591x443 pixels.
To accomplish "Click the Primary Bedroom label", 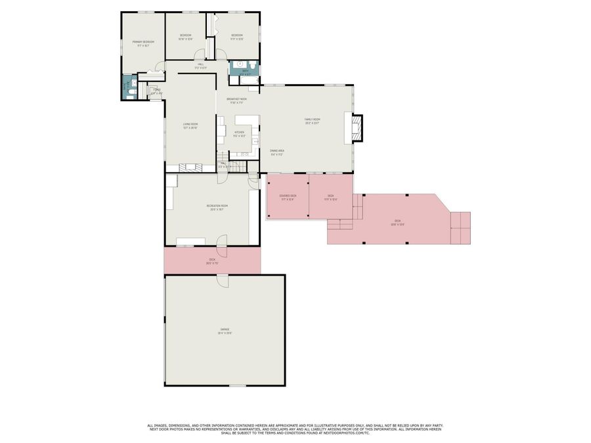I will (142, 43).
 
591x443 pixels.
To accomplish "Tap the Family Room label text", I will (311, 121).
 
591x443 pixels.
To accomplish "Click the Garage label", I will (225, 331).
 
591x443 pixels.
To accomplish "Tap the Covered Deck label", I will (288, 198).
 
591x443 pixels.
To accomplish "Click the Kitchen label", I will (239, 134).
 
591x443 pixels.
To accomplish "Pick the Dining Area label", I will (277, 152).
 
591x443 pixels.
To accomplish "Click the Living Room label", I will (190, 125).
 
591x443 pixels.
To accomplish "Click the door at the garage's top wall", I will (223, 281).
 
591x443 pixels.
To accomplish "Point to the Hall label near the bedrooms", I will (200, 66).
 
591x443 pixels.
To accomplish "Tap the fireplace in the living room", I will (192, 167).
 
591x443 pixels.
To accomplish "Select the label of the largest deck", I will (397, 222).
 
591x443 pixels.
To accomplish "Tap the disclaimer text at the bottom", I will (295, 429).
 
